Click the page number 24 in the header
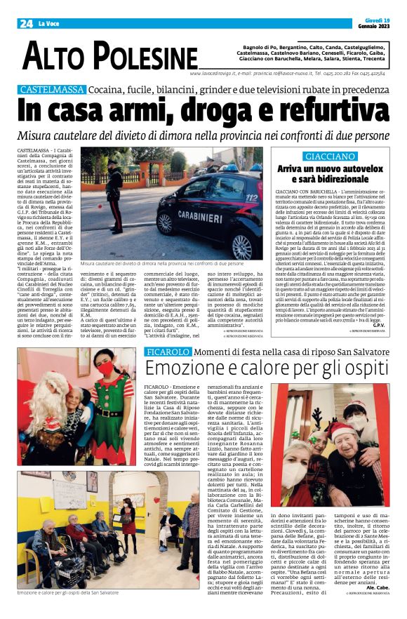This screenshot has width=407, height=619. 26,23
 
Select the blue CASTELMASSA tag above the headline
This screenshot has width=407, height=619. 52,90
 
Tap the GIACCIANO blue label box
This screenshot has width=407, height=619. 329,156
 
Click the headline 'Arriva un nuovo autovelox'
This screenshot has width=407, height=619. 329,169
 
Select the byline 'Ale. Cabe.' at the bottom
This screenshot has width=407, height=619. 373,606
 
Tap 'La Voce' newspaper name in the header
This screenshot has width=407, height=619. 48,24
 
